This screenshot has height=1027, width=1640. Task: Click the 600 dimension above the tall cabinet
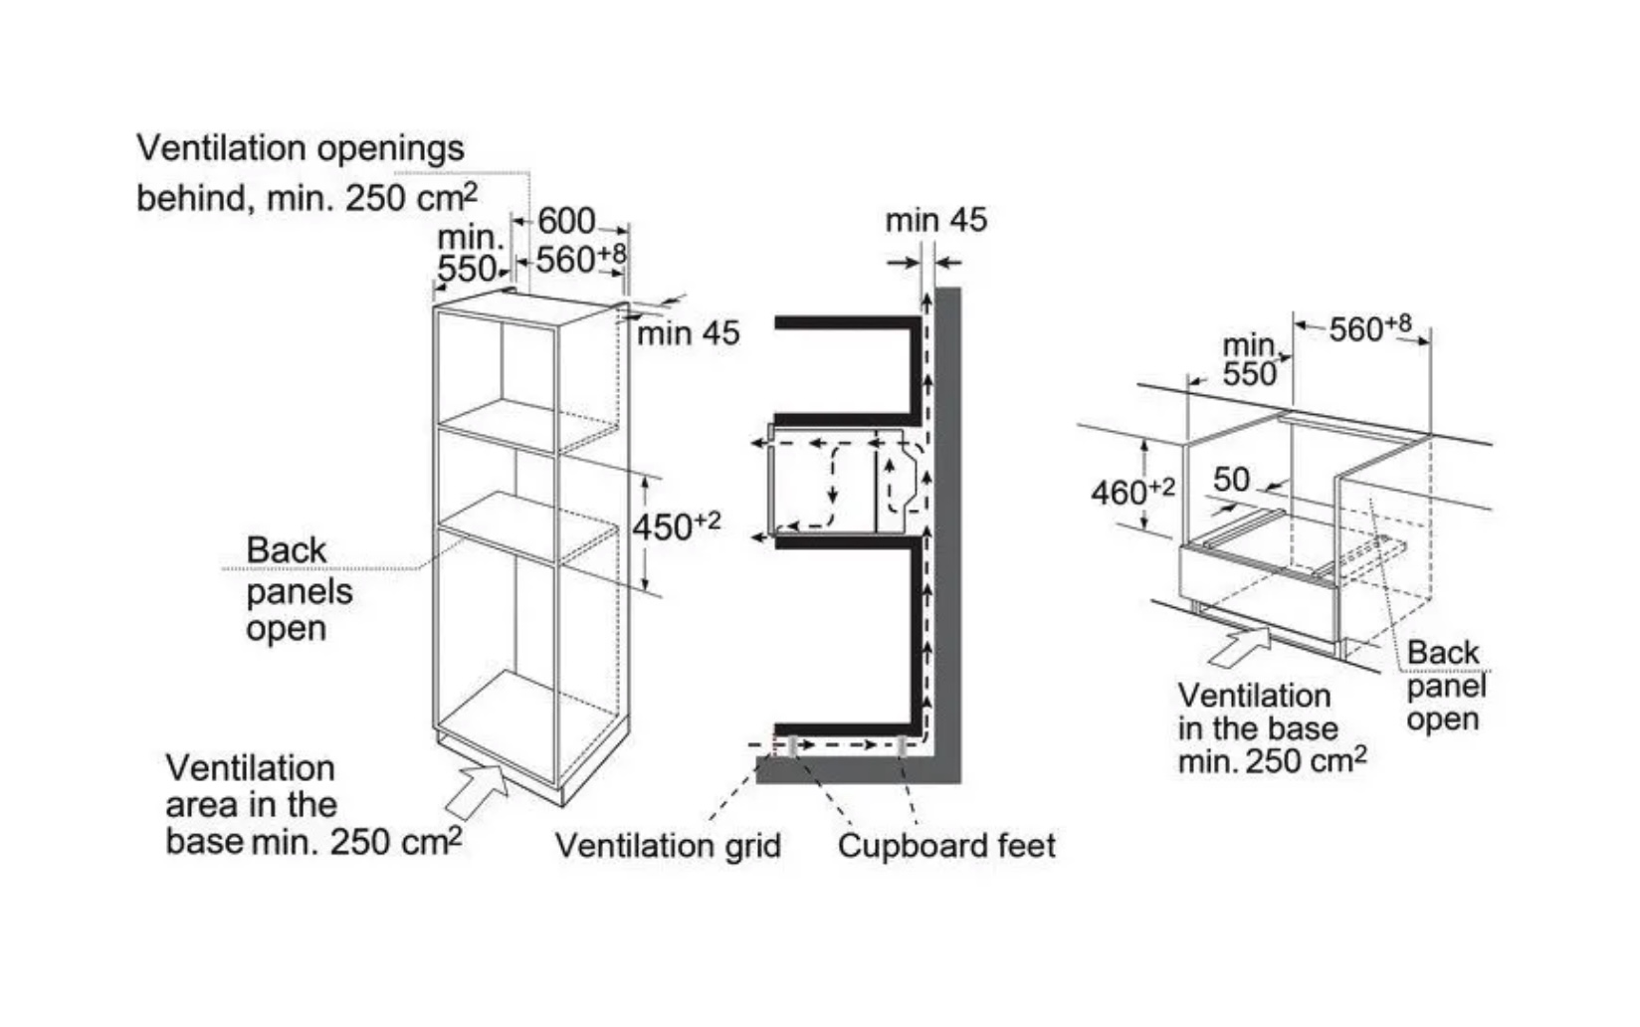566,221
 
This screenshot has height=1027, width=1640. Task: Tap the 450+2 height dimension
677,526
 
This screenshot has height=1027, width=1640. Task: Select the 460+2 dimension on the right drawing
1131,491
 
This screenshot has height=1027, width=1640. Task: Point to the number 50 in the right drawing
1231,480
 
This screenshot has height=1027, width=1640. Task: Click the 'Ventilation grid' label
668,846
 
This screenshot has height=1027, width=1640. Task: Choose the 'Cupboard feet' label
946,846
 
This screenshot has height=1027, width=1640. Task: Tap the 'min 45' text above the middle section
935,220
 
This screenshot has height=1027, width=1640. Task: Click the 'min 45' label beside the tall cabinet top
689,333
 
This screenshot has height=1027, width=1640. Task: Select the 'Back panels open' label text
298,589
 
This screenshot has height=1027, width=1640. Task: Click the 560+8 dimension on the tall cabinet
580,260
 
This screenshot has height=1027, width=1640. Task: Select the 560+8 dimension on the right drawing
1369,327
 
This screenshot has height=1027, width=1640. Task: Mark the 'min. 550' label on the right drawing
1250,360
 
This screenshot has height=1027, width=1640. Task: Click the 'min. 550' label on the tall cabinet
469,254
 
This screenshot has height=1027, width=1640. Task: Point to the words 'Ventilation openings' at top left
300,148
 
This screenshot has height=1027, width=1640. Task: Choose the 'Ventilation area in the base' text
252,786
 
